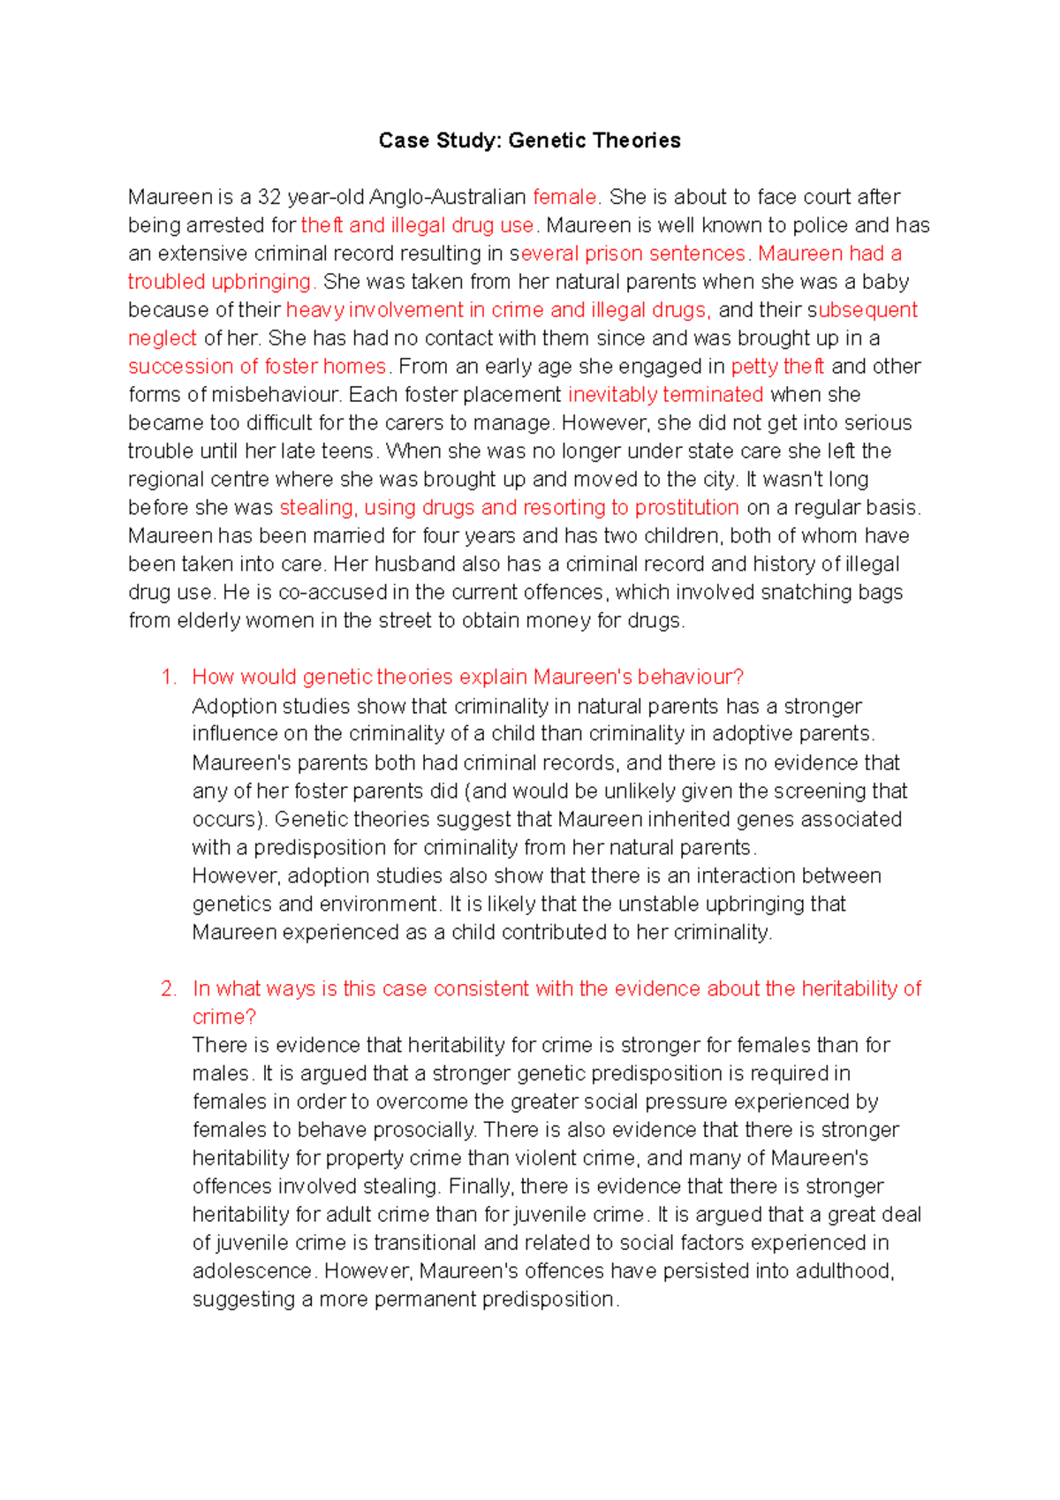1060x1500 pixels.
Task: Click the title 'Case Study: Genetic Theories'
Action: tap(529, 140)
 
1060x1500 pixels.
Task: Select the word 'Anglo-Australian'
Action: tap(448, 197)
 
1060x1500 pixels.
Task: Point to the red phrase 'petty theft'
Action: tap(777, 367)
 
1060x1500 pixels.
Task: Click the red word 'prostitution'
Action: tap(686, 508)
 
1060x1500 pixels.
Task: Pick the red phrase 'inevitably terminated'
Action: tap(665, 395)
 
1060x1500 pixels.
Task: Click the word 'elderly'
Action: tap(209, 621)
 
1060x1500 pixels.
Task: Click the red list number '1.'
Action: tap(169, 678)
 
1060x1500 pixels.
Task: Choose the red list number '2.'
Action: tap(169, 989)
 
